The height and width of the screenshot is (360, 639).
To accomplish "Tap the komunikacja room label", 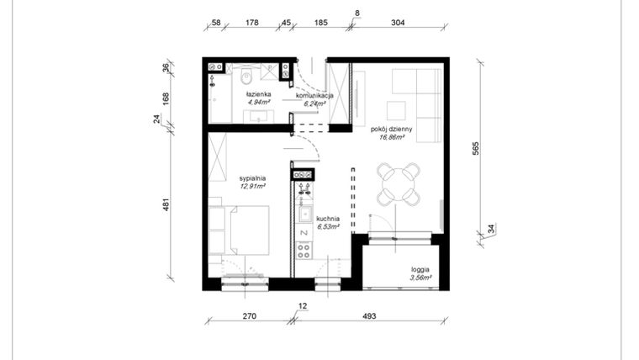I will pos(314,96).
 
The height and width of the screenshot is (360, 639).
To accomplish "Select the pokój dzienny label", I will pos(391,130).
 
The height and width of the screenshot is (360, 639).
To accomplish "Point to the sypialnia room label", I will pos(252,178).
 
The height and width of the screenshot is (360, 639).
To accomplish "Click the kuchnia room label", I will pos(328,219).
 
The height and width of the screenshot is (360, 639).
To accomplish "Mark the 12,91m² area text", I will pos(252,186).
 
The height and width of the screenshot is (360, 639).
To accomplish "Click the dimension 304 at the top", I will pos(398,23).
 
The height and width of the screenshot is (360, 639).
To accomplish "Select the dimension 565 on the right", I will pos(476,148).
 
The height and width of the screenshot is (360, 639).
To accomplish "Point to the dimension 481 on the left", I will pos(166,204).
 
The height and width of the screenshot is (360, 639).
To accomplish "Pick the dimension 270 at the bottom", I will pos(249,317).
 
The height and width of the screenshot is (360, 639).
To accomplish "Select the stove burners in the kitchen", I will pos(303,249).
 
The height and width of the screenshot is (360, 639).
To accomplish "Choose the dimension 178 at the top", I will pos(250,23).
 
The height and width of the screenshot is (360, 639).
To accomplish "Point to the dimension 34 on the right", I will pos(491,229).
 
